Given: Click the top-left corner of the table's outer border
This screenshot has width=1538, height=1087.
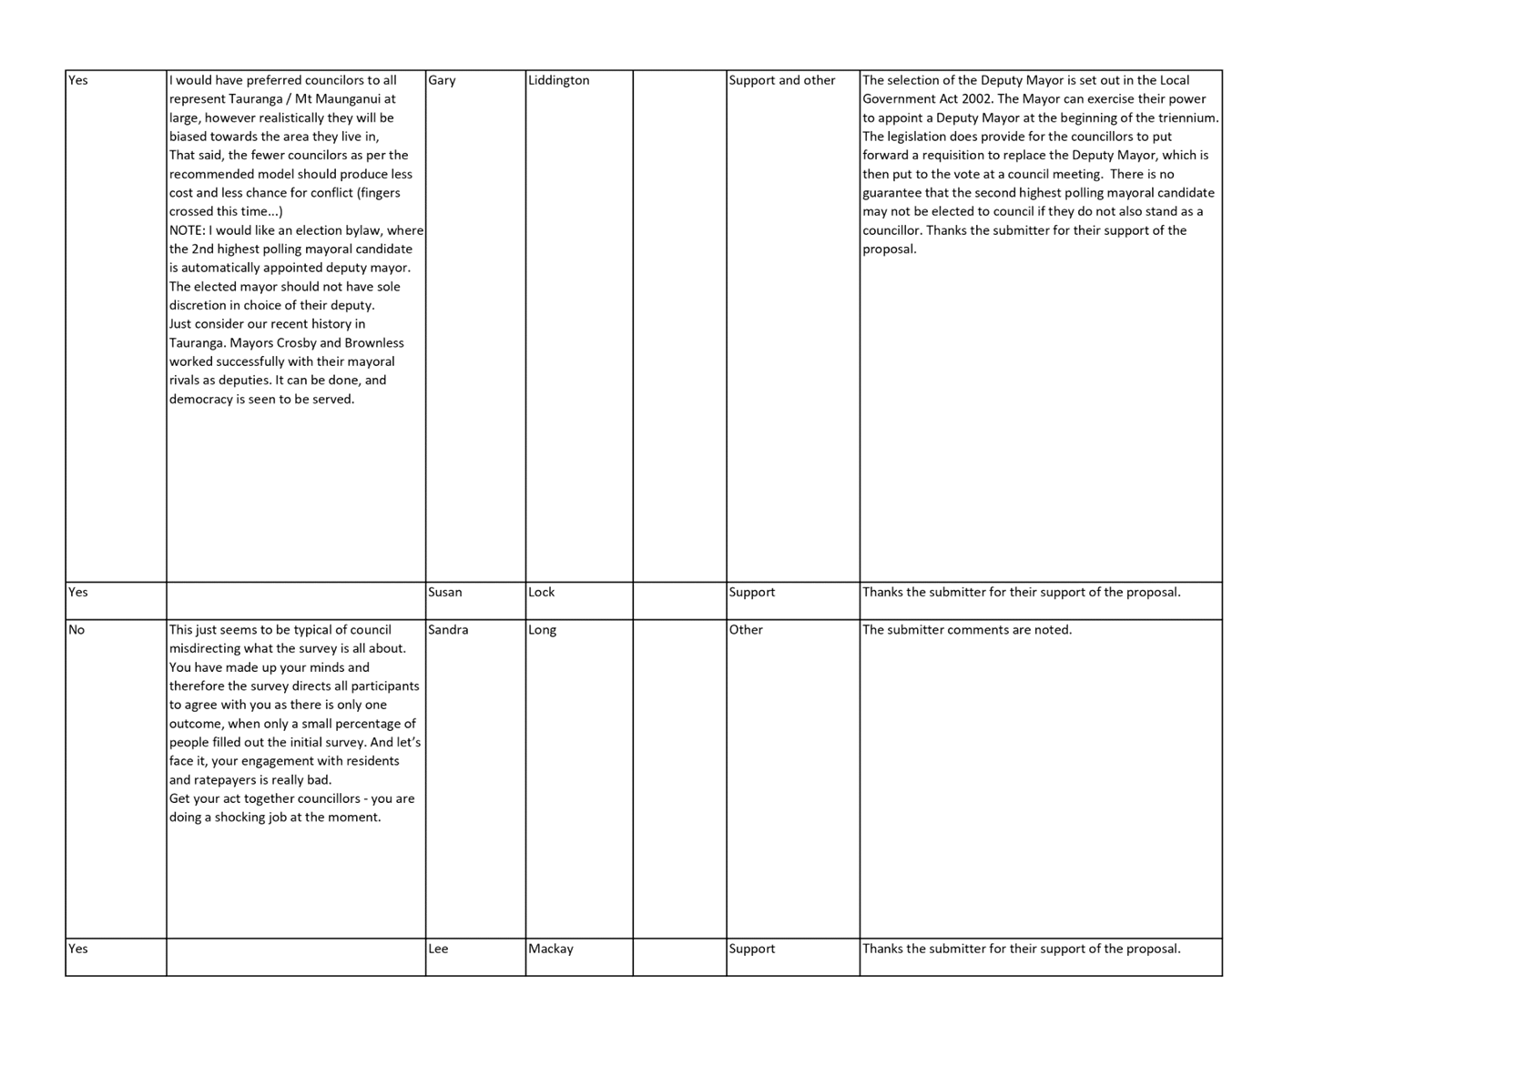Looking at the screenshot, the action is (x=66, y=70).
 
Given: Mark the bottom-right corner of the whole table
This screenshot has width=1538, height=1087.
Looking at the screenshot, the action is (x=1222, y=975).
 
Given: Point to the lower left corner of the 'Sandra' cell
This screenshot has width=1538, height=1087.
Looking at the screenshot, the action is (x=425, y=938).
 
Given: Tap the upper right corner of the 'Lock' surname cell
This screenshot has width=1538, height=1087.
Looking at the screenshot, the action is (x=633, y=582).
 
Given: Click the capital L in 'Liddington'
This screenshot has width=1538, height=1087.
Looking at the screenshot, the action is (x=531, y=80).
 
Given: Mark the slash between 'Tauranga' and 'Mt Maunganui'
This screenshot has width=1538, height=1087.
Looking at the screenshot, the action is (x=289, y=99).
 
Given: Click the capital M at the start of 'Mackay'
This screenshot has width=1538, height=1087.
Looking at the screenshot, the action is (x=534, y=949).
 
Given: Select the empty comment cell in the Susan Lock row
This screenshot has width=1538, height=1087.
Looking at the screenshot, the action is (x=296, y=601).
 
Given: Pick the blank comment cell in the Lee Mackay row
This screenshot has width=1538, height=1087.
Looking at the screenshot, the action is (x=296, y=957).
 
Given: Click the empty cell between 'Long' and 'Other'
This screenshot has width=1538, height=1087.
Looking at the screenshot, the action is (x=679, y=779).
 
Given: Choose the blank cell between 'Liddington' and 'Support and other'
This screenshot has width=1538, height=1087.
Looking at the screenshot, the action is (x=679, y=326).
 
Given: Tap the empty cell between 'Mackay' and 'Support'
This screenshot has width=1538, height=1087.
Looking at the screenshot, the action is (x=679, y=957).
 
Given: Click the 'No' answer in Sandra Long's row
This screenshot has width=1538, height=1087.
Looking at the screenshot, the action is (x=76, y=629).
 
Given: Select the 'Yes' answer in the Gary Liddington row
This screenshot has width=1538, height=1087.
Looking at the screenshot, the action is (x=77, y=80).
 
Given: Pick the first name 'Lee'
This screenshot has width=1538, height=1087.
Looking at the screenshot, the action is (x=438, y=949).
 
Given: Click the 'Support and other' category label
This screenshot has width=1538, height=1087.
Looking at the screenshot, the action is (x=782, y=80).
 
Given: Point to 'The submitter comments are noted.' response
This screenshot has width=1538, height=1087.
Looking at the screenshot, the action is (x=967, y=629).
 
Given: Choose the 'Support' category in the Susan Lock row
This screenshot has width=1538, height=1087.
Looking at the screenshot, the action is (x=752, y=593).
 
